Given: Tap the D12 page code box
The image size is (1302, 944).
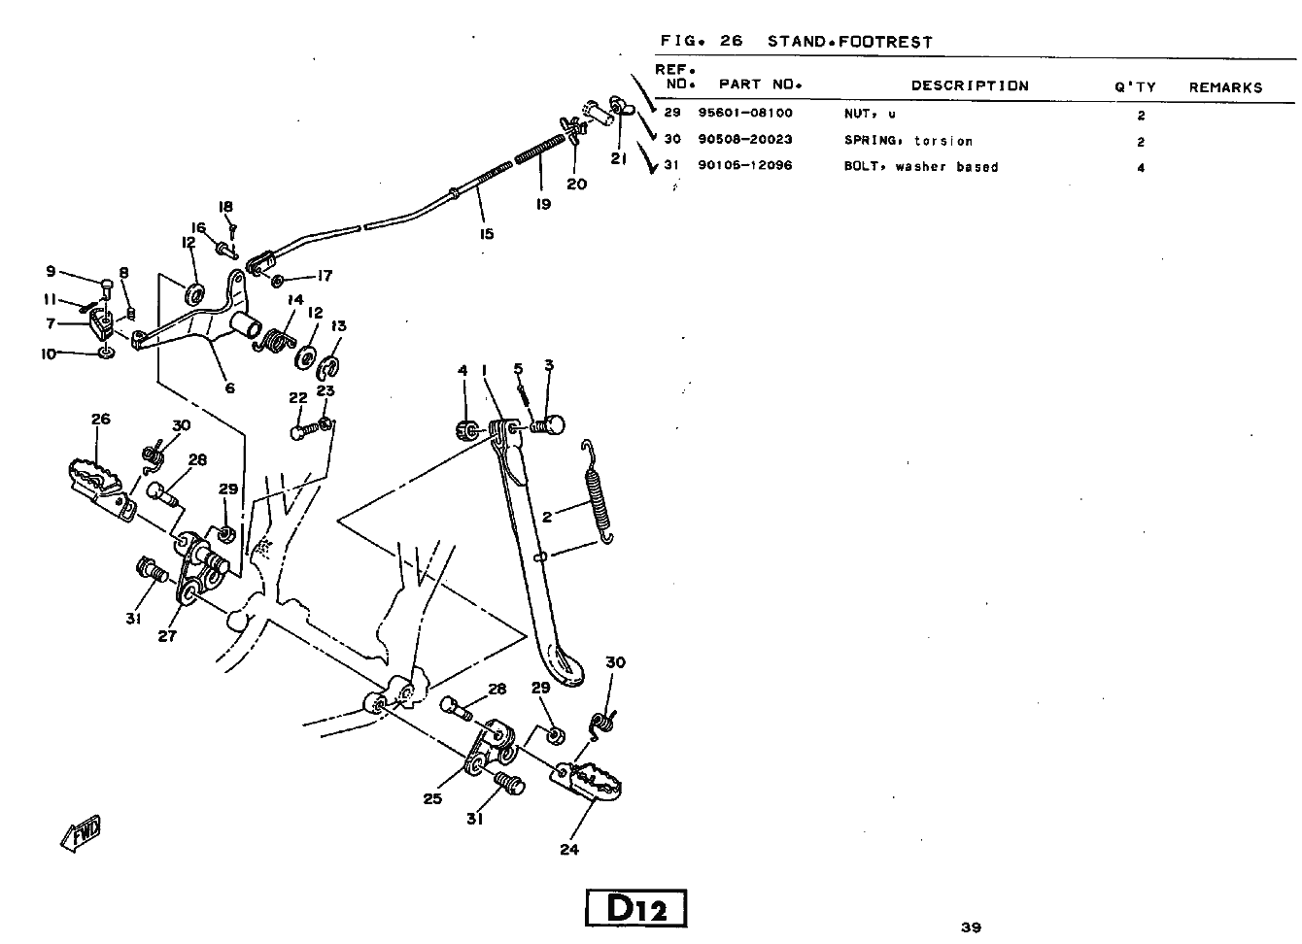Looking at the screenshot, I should pos(636,909).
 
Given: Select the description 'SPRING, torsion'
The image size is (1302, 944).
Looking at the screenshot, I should pos(908,141).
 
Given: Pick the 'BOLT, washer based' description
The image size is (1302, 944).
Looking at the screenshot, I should pos(920,167).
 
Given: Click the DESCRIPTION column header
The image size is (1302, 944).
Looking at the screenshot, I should pos(969,85).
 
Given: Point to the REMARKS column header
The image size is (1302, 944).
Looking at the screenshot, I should pos(1225,87).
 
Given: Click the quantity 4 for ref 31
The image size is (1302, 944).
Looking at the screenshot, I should pos(1141,168).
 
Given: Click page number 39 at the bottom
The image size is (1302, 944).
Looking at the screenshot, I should pos(971,927).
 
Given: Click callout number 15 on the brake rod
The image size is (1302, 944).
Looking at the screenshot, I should pos(487,233).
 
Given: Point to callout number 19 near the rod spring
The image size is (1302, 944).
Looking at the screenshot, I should pos(543,204).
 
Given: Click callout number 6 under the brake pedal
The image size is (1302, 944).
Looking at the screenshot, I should pos(229,388).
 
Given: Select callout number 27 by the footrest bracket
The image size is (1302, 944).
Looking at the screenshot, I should pos(167,637).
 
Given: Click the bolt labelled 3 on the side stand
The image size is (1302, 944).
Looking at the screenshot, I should pos(547,425).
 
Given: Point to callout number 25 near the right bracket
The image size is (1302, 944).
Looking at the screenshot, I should pos(432,798).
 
